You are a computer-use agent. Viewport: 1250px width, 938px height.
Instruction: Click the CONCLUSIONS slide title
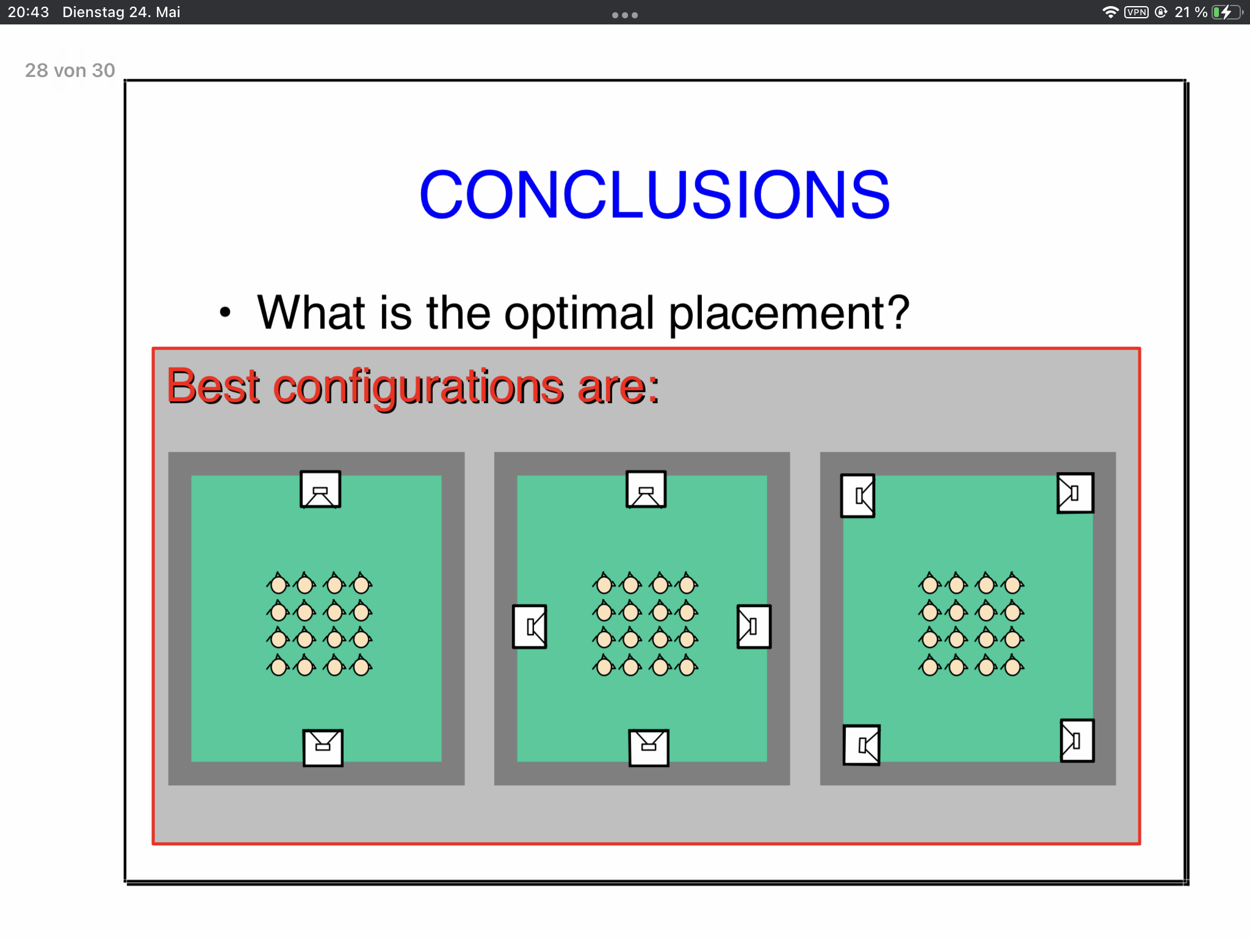[654, 194]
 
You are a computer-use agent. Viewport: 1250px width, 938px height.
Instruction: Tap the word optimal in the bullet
[579, 313]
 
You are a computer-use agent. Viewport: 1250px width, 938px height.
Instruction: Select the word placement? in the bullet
[789, 313]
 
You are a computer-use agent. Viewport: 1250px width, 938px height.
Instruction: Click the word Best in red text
[214, 386]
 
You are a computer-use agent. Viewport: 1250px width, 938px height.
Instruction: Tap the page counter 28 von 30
[70, 71]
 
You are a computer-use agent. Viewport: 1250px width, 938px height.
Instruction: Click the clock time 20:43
[28, 12]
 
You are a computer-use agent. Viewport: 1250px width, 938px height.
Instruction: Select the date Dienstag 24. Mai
[121, 12]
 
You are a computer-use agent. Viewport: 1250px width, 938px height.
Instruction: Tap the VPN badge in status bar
[1136, 12]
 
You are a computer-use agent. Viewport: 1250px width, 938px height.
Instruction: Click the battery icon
[1227, 12]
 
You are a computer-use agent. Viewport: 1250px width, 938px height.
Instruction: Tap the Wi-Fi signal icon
[1110, 12]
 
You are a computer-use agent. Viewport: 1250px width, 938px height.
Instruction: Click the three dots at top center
[625, 15]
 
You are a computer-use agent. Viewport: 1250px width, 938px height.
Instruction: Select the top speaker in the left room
[320, 489]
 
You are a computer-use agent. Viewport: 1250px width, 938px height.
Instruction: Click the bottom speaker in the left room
[323, 747]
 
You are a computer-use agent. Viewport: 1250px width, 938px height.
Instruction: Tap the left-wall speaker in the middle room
[530, 627]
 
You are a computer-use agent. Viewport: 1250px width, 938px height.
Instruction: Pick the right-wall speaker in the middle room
[754, 627]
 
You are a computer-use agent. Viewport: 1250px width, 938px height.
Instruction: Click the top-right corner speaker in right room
[1075, 493]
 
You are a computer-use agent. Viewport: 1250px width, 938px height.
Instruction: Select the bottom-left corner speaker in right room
[862, 745]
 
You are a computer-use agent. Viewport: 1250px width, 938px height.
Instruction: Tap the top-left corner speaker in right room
[858, 496]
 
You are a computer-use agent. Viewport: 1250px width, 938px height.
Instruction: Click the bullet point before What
[225, 313]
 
